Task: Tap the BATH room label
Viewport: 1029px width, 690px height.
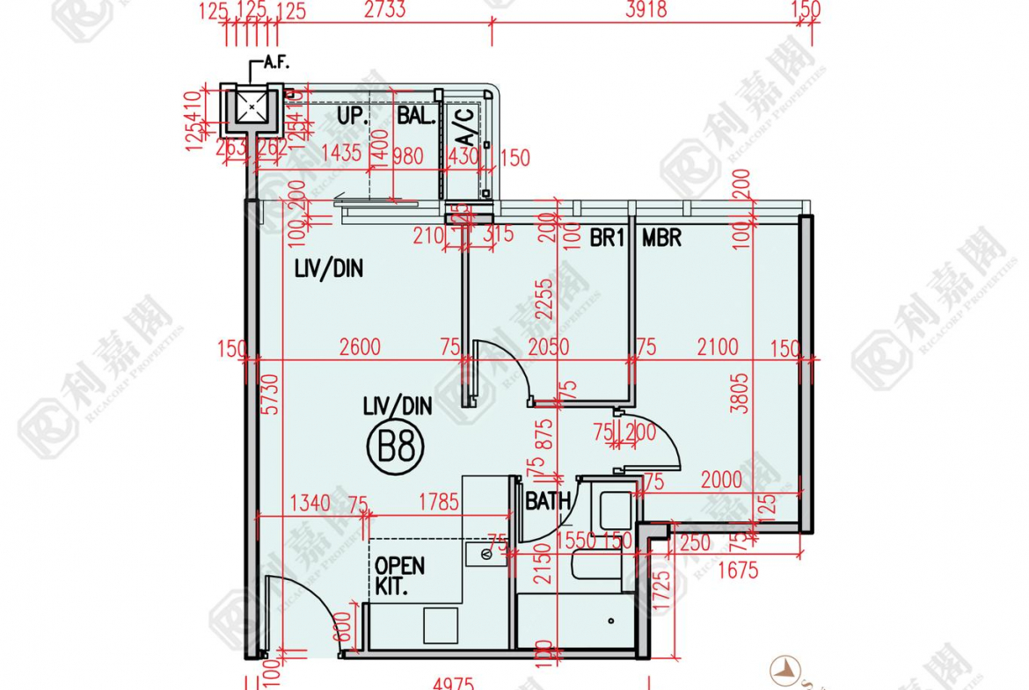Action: pyautogui.click(x=548, y=502)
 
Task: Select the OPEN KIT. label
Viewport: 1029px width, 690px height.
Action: pyautogui.click(x=399, y=576)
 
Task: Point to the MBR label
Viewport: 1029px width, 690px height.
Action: pyautogui.click(x=661, y=237)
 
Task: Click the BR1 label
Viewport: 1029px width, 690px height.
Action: pyautogui.click(x=607, y=237)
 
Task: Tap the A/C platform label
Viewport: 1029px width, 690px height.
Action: pyautogui.click(x=464, y=128)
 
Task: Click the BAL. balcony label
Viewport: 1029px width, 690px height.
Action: pyautogui.click(x=416, y=116)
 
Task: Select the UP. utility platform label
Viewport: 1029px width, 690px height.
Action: pyautogui.click(x=353, y=116)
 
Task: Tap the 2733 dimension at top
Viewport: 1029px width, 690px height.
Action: pyautogui.click(x=384, y=10)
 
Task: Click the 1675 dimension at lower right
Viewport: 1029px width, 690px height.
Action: pyautogui.click(x=737, y=570)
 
